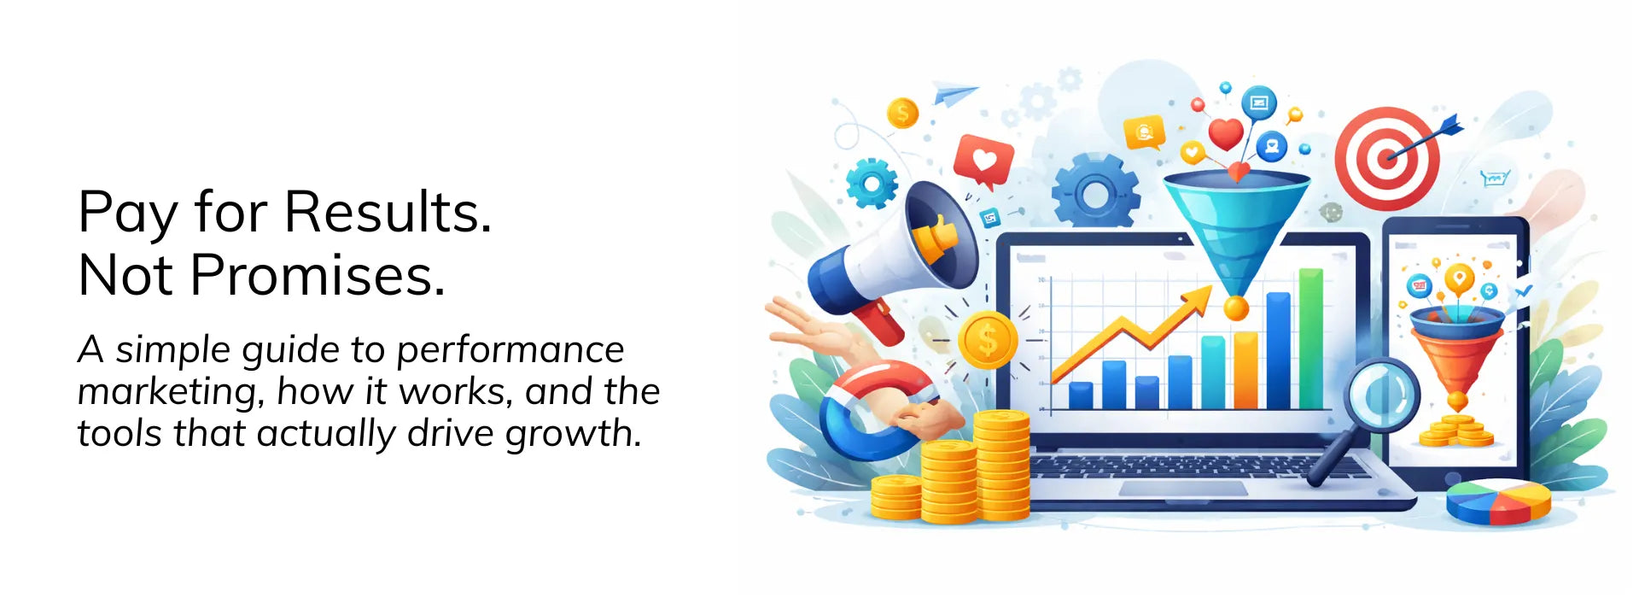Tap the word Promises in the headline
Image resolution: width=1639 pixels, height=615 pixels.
click(x=318, y=275)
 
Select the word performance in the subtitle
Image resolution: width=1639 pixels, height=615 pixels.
click(x=510, y=351)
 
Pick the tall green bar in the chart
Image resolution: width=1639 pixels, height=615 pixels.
click(x=1310, y=339)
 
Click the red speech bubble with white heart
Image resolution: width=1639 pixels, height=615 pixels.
click(x=983, y=161)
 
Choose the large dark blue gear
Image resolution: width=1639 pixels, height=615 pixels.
click(x=1095, y=192)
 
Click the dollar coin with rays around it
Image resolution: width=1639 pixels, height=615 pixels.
click(x=988, y=340)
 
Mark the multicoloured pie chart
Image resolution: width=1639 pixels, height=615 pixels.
click(x=1499, y=501)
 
